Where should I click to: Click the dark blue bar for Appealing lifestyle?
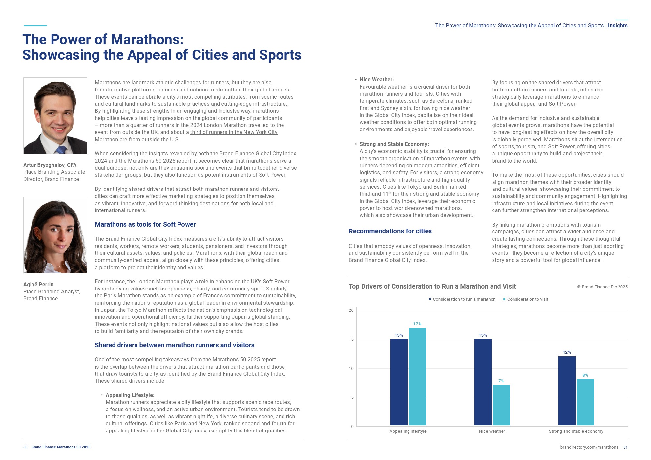tap(399, 382)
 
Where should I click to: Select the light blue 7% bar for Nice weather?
tap(501, 405)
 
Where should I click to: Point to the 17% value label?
tap(417, 324)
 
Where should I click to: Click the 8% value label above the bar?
tap(585, 375)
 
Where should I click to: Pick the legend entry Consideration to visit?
tap(527, 299)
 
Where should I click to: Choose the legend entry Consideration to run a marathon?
tap(464, 299)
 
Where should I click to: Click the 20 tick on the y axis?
tap(351, 310)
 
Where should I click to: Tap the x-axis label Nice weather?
tap(492, 431)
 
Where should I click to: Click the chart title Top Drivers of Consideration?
tap(432, 286)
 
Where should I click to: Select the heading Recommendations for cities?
tap(390, 231)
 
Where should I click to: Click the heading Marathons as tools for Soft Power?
tap(145, 224)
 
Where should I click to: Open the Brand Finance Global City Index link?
tap(258, 153)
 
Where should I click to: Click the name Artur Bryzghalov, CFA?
tap(50, 165)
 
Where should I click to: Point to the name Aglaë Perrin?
tap(38, 284)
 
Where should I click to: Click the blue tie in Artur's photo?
tap(61, 150)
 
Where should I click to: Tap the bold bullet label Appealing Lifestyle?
tap(130, 395)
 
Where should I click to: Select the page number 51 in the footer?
tap(625, 447)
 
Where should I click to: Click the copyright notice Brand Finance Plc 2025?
tap(602, 287)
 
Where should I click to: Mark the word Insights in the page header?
tap(618, 25)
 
